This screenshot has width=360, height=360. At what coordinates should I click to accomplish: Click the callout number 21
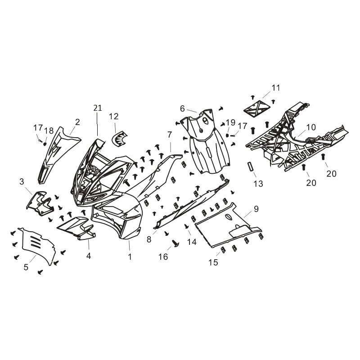pyautogui.click(x=98, y=108)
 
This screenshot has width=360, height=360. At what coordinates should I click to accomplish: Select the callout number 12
pyautogui.click(x=114, y=117)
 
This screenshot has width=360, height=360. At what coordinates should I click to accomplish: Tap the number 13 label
pyautogui.click(x=258, y=184)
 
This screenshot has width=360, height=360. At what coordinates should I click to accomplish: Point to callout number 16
pyautogui.click(x=163, y=256)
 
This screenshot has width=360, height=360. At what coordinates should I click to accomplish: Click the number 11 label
pyautogui.click(x=276, y=88)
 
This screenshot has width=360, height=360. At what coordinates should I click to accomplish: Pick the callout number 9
pyautogui.click(x=256, y=209)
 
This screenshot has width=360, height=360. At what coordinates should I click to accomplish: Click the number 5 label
pyautogui.click(x=26, y=267)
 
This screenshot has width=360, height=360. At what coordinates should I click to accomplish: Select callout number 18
pyautogui.click(x=49, y=131)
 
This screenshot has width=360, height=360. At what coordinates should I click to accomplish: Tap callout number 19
pyautogui.click(x=231, y=122)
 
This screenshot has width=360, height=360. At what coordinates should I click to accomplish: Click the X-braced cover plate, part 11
pyautogui.click(x=256, y=108)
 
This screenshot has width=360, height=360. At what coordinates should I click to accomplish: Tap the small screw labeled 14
pyautogui.click(x=186, y=226)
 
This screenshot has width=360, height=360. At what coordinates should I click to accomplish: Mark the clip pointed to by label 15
pyautogui.click(x=223, y=250)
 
